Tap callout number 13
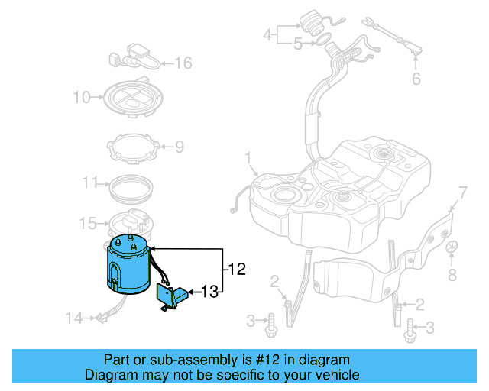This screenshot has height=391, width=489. click(211, 291)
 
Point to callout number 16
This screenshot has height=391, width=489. click(184, 63)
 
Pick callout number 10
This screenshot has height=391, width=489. click(82, 97)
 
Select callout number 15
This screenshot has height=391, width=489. click(87, 224)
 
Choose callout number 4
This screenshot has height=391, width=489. click(267, 34)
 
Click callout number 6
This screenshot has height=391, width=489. click(416, 79)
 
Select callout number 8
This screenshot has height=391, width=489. click(452, 274)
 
